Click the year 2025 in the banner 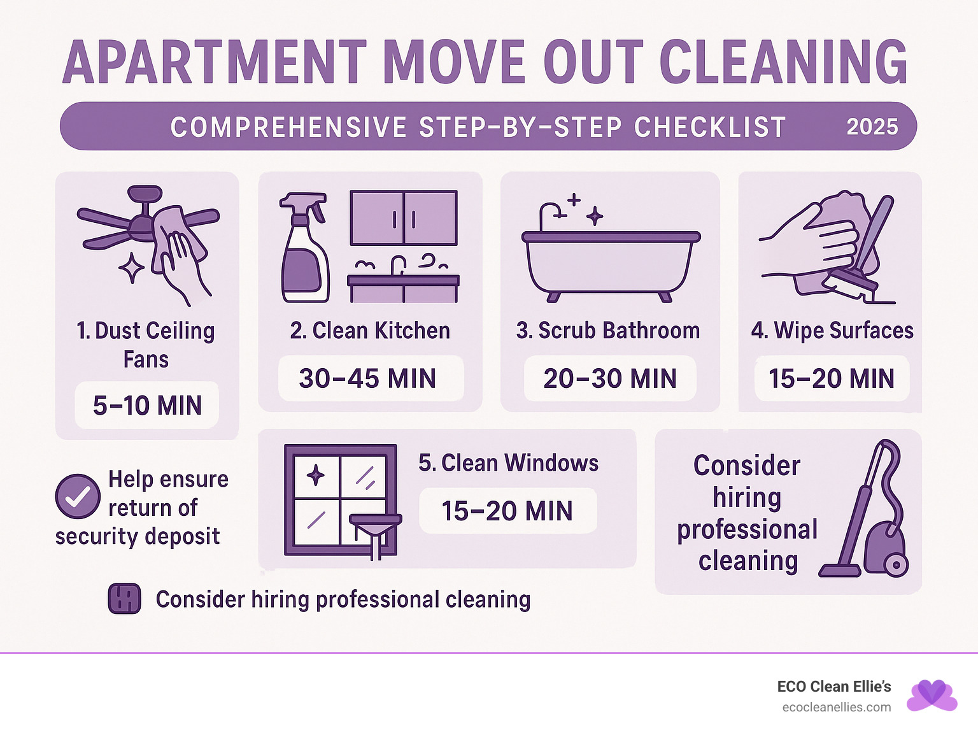click(x=872, y=127)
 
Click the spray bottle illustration click(x=304, y=248)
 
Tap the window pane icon click(x=341, y=500)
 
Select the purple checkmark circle click(x=78, y=496)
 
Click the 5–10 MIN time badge click(x=147, y=406)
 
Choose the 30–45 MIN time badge click(x=368, y=379)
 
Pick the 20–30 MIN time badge click(x=610, y=379)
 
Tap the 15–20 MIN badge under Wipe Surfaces click(x=832, y=379)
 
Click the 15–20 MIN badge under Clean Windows click(x=507, y=511)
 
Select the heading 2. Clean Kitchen click(x=370, y=331)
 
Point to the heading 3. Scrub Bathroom click(x=608, y=331)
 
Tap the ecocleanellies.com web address click(x=836, y=708)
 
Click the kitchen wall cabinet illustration click(x=404, y=218)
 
